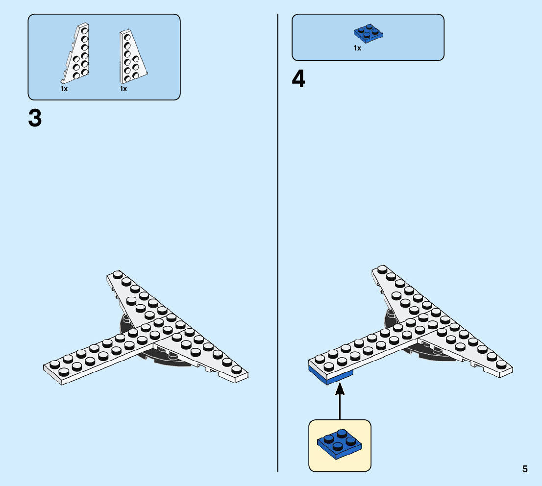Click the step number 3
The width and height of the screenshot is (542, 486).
click(x=35, y=119)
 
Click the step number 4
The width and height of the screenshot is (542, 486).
click(x=298, y=80)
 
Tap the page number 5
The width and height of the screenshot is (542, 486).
click(x=525, y=469)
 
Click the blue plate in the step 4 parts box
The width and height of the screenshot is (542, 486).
click(x=368, y=32)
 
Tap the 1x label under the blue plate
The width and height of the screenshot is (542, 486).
click(x=357, y=48)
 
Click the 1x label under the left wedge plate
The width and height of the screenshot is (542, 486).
click(x=64, y=89)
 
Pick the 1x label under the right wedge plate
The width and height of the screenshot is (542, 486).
click(x=123, y=89)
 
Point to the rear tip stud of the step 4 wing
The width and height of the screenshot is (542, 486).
click(x=382, y=269)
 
